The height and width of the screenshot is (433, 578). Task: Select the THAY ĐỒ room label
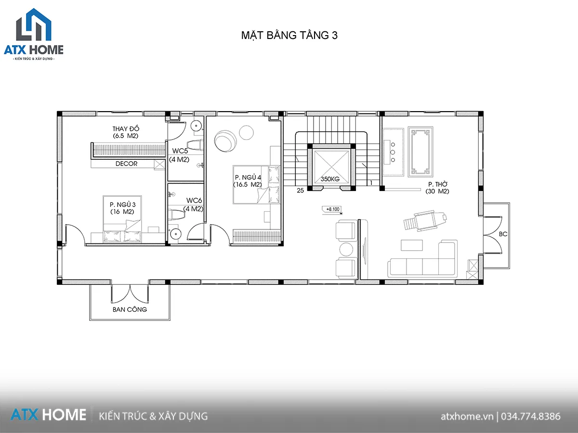tap(126, 132)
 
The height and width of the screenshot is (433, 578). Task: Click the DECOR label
tap(126, 164)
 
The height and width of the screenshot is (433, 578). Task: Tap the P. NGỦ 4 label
tap(248, 180)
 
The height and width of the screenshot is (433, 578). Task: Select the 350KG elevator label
tap(330, 179)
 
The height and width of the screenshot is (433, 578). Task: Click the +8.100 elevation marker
tap(333, 209)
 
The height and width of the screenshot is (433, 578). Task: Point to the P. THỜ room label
tap(437, 187)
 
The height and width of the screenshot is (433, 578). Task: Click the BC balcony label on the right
tap(503, 234)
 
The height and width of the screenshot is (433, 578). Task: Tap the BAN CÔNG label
tap(130, 309)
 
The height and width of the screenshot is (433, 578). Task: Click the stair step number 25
tap(300, 191)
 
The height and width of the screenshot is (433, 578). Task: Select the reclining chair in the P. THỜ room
tap(418, 221)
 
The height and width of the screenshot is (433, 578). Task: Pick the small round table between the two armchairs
tap(347, 249)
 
